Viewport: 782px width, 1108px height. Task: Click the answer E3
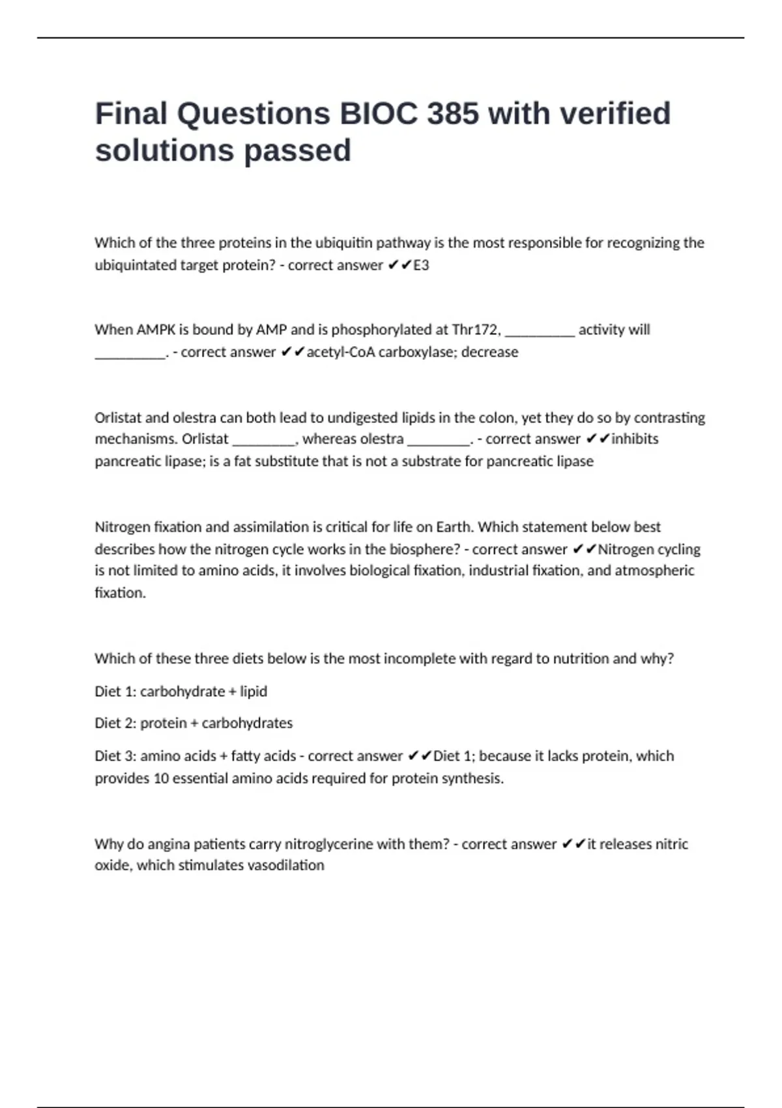(x=421, y=265)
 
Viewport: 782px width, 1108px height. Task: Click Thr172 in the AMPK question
(x=476, y=330)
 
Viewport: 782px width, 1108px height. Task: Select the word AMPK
(x=156, y=330)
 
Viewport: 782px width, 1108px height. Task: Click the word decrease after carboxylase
(x=489, y=352)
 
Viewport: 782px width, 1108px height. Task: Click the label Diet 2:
(x=115, y=723)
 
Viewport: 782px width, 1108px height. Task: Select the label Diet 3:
(x=115, y=756)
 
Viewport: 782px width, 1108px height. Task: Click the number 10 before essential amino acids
(x=161, y=778)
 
